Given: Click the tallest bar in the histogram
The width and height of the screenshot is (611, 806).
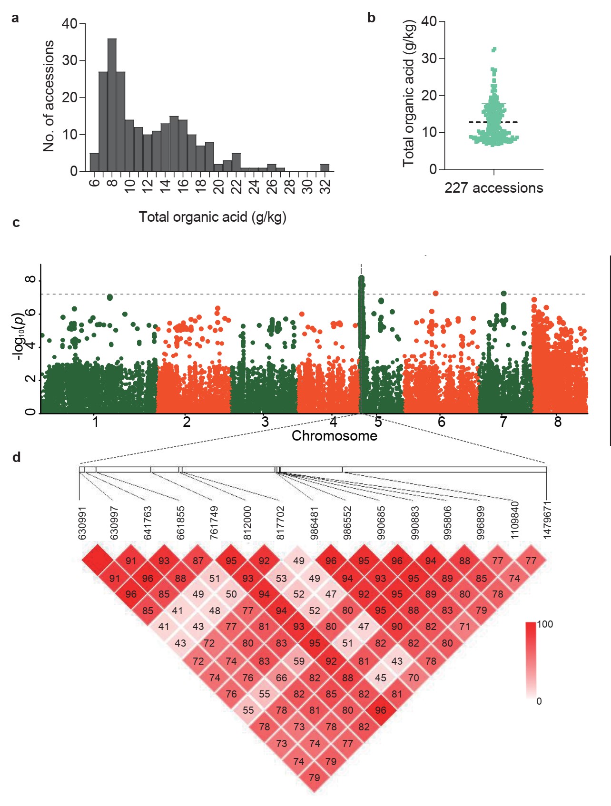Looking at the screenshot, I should point(112,105).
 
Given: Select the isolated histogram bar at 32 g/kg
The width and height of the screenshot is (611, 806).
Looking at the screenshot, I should point(325,167).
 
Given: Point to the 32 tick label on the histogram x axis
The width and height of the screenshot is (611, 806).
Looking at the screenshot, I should point(325,185).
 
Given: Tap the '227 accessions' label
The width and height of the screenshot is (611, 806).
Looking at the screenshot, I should point(493,188).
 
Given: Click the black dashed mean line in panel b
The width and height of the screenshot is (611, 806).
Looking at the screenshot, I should point(493,122).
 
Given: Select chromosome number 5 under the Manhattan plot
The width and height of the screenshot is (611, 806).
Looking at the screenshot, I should point(378,422).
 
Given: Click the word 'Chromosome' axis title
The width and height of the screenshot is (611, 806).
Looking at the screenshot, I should point(334,436).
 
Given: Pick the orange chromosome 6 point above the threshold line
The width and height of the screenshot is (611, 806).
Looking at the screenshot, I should point(435,293).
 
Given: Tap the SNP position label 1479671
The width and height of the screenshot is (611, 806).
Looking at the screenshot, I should point(547,520).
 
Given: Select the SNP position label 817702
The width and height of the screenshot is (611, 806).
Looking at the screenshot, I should point(281,522).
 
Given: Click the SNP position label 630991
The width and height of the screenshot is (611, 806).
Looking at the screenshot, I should point(82,522).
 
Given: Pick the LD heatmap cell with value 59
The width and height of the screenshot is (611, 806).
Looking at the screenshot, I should point(299,661).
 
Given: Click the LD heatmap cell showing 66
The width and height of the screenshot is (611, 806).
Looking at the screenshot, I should point(281,678).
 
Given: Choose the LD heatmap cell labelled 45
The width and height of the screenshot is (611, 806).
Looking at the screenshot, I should point(381,678).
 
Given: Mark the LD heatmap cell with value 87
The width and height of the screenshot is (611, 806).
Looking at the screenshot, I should point(198,561).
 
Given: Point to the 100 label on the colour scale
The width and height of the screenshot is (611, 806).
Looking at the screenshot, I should point(545,624).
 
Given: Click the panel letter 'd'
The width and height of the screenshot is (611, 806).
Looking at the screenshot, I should point(17,458).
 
